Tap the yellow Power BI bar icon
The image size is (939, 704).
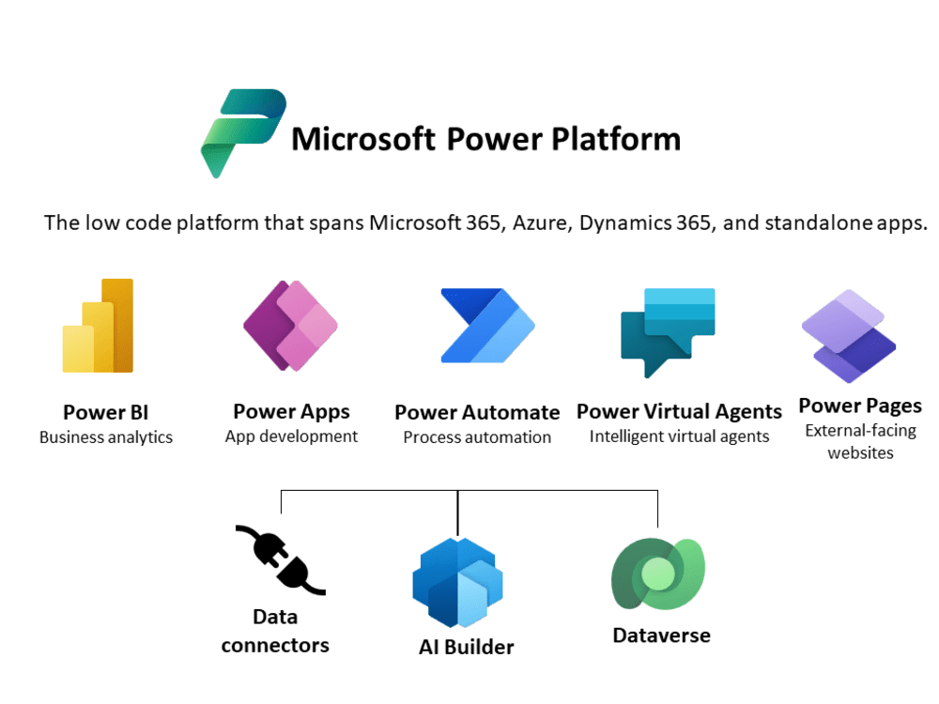pyautogui.click(x=99, y=326)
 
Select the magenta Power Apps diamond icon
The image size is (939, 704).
pyautogui.click(x=290, y=326)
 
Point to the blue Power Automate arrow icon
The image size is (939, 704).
pyautogui.click(x=487, y=326)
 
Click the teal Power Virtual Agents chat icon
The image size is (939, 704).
pyautogui.click(x=667, y=333)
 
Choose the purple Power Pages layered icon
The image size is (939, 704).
pyautogui.click(x=849, y=336)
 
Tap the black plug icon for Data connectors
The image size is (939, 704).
pyautogui.click(x=281, y=560)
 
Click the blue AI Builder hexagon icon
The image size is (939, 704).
pyautogui.click(x=457, y=582)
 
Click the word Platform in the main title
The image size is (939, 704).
pyautogui.click(x=616, y=140)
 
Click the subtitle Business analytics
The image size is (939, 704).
pyautogui.click(x=106, y=437)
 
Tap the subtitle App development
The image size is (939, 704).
pyautogui.click(x=292, y=437)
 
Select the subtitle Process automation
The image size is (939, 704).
pyautogui.click(x=477, y=437)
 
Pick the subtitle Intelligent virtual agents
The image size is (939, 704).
pyautogui.click(x=679, y=437)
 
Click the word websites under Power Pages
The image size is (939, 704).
pyautogui.click(x=860, y=453)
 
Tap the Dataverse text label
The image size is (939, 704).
pyautogui.click(x=662, y=635)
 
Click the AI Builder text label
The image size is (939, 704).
pyautogui.click(x=467, y=647)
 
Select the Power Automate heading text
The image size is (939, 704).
pyautogui.click(x=477, y=412)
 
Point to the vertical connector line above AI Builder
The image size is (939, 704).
pyautogui.click(x=457, y=513)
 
